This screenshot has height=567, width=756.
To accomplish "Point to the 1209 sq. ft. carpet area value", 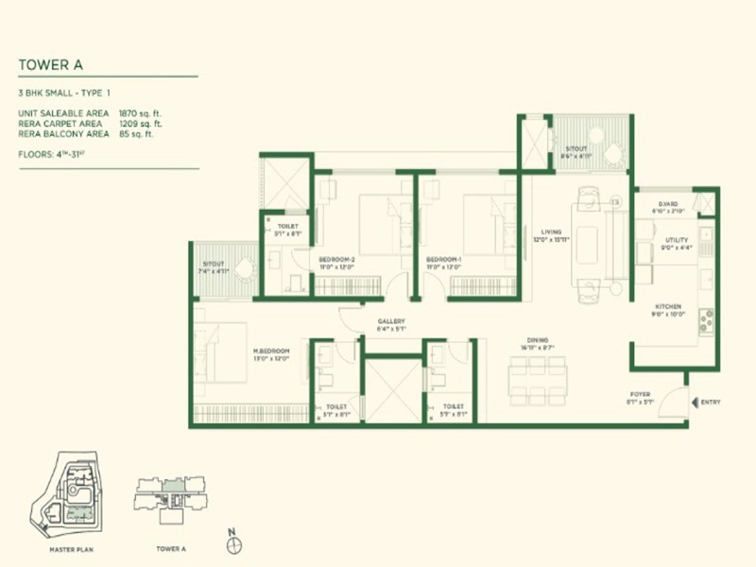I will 141,123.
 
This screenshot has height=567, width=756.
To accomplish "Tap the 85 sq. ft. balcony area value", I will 137,133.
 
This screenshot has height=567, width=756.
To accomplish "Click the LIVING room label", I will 552,232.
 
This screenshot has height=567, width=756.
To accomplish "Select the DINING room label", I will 540,341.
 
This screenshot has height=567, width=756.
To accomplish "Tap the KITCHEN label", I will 669,308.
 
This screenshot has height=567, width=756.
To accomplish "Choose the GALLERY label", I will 391,322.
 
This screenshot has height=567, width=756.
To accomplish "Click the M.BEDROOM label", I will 270,351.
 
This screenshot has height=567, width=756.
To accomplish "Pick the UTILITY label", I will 677,241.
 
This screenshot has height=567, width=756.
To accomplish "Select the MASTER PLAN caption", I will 72,548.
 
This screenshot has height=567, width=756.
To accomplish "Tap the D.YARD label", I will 668,203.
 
